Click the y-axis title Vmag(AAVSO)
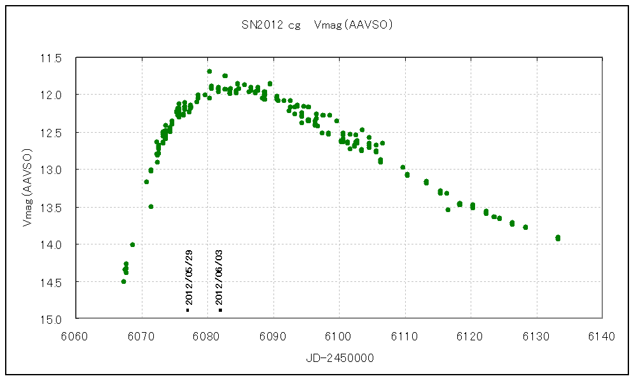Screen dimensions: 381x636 27,188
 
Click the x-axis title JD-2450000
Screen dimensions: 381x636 338,358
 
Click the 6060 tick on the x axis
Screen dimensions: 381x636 76,335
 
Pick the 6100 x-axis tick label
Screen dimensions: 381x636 339,335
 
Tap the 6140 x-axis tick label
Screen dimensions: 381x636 602,335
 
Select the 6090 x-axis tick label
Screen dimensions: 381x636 273,335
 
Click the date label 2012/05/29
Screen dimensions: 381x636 189,277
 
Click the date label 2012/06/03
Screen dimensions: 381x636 220,277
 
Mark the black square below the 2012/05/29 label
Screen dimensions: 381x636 188,310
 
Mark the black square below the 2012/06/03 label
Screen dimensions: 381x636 220,310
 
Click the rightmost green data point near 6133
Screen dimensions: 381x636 558,237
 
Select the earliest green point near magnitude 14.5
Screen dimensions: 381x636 123,281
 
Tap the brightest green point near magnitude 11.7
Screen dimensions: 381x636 209,71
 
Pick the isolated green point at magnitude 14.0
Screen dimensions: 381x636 132,244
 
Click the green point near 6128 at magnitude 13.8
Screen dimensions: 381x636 525,227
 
